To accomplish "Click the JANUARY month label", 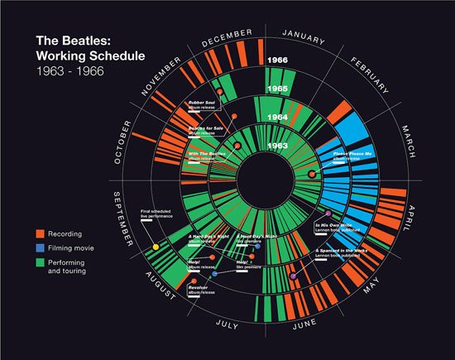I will click(306, 33).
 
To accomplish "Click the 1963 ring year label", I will click(278, 146).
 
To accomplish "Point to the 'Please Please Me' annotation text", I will click(353, 155).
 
